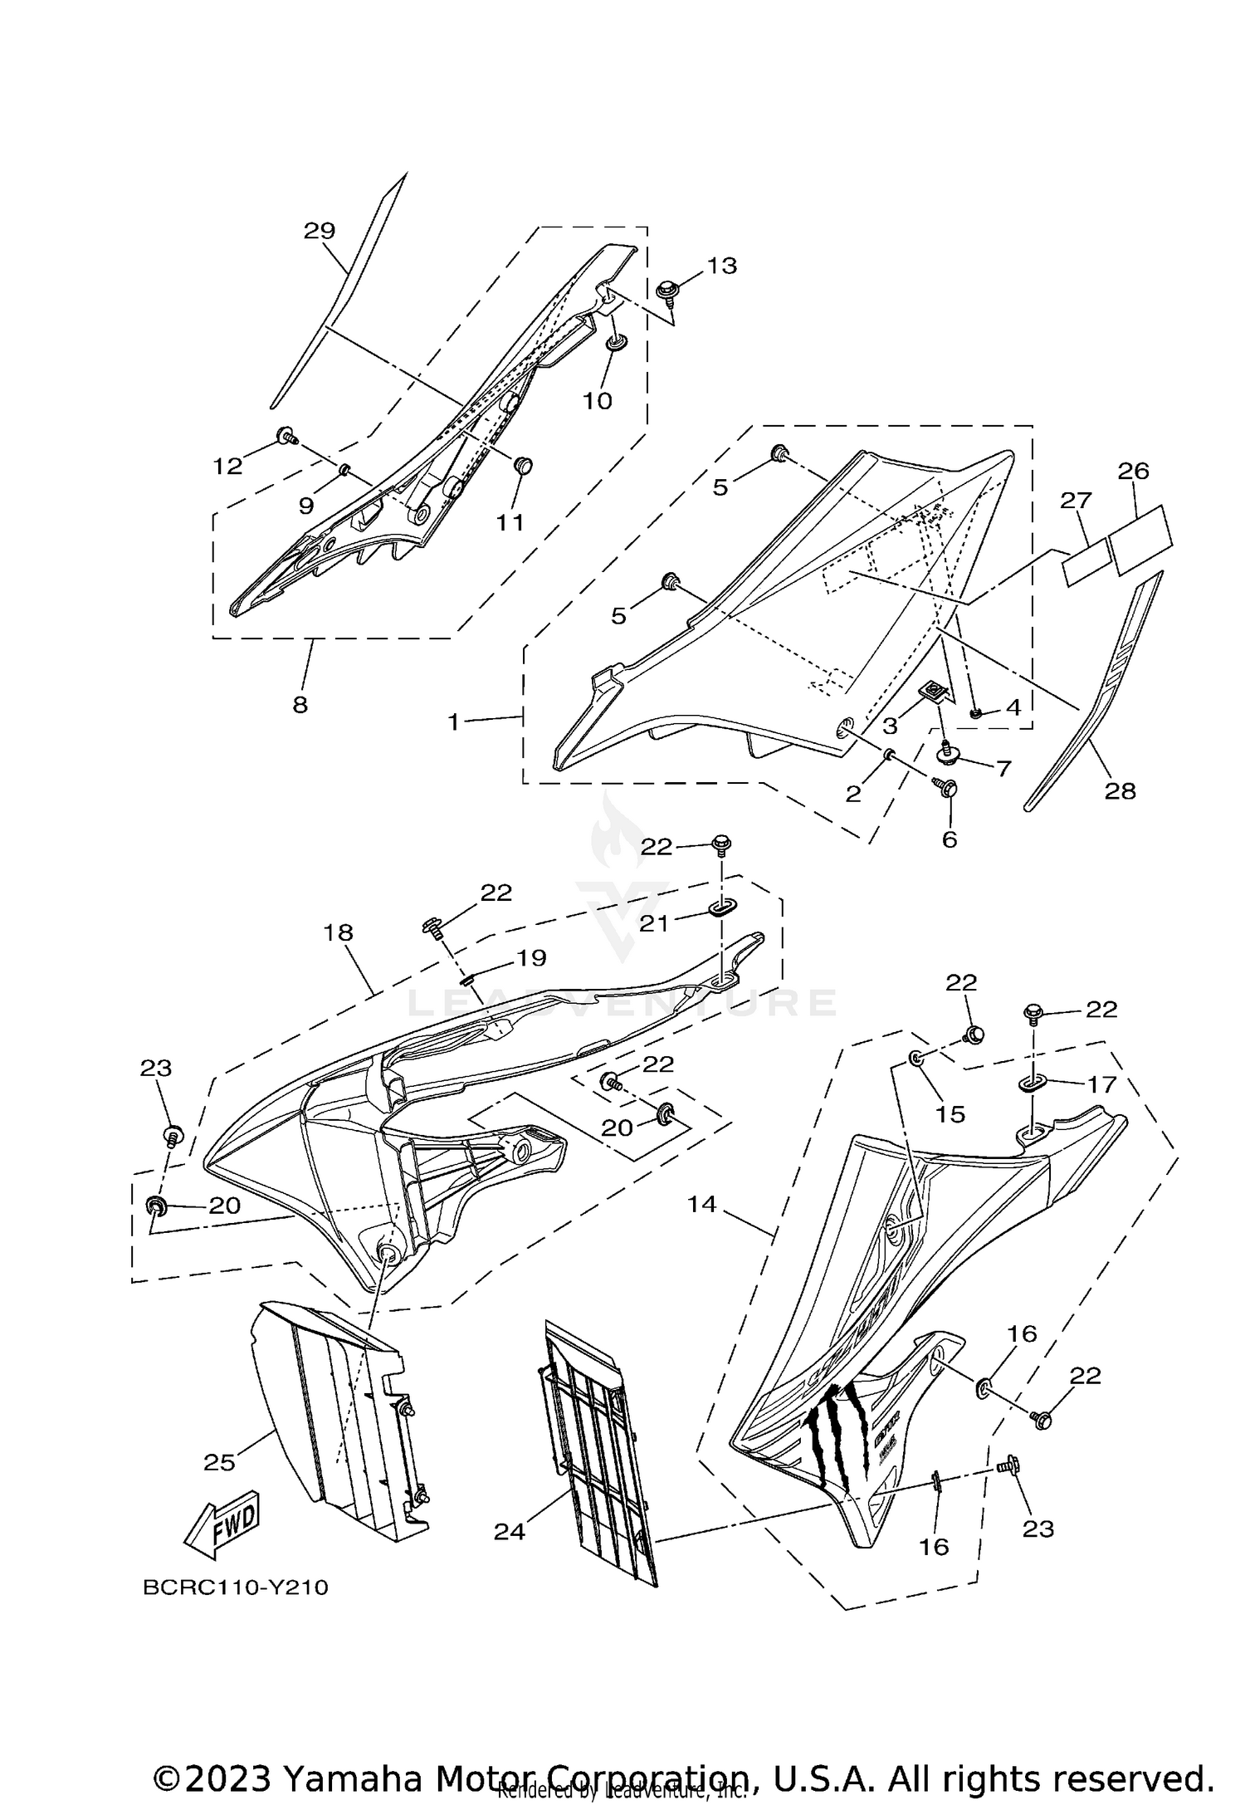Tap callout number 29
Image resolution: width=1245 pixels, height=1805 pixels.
(319, 231)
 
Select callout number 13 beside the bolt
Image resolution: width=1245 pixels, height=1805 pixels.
(721, 266)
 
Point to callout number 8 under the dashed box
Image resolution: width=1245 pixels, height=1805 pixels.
(300, 705)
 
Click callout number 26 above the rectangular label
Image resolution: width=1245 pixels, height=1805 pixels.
(1133, 472)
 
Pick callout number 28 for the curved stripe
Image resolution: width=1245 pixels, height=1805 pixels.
(1120, 791)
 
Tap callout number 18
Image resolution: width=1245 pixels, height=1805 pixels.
(339, 932)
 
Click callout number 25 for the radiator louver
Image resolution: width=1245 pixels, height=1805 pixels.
(220, 1463)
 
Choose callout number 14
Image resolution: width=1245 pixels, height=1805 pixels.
(702, 1203)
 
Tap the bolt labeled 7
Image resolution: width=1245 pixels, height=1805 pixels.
(946, 753)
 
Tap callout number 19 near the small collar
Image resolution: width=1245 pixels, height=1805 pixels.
(531, 958)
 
